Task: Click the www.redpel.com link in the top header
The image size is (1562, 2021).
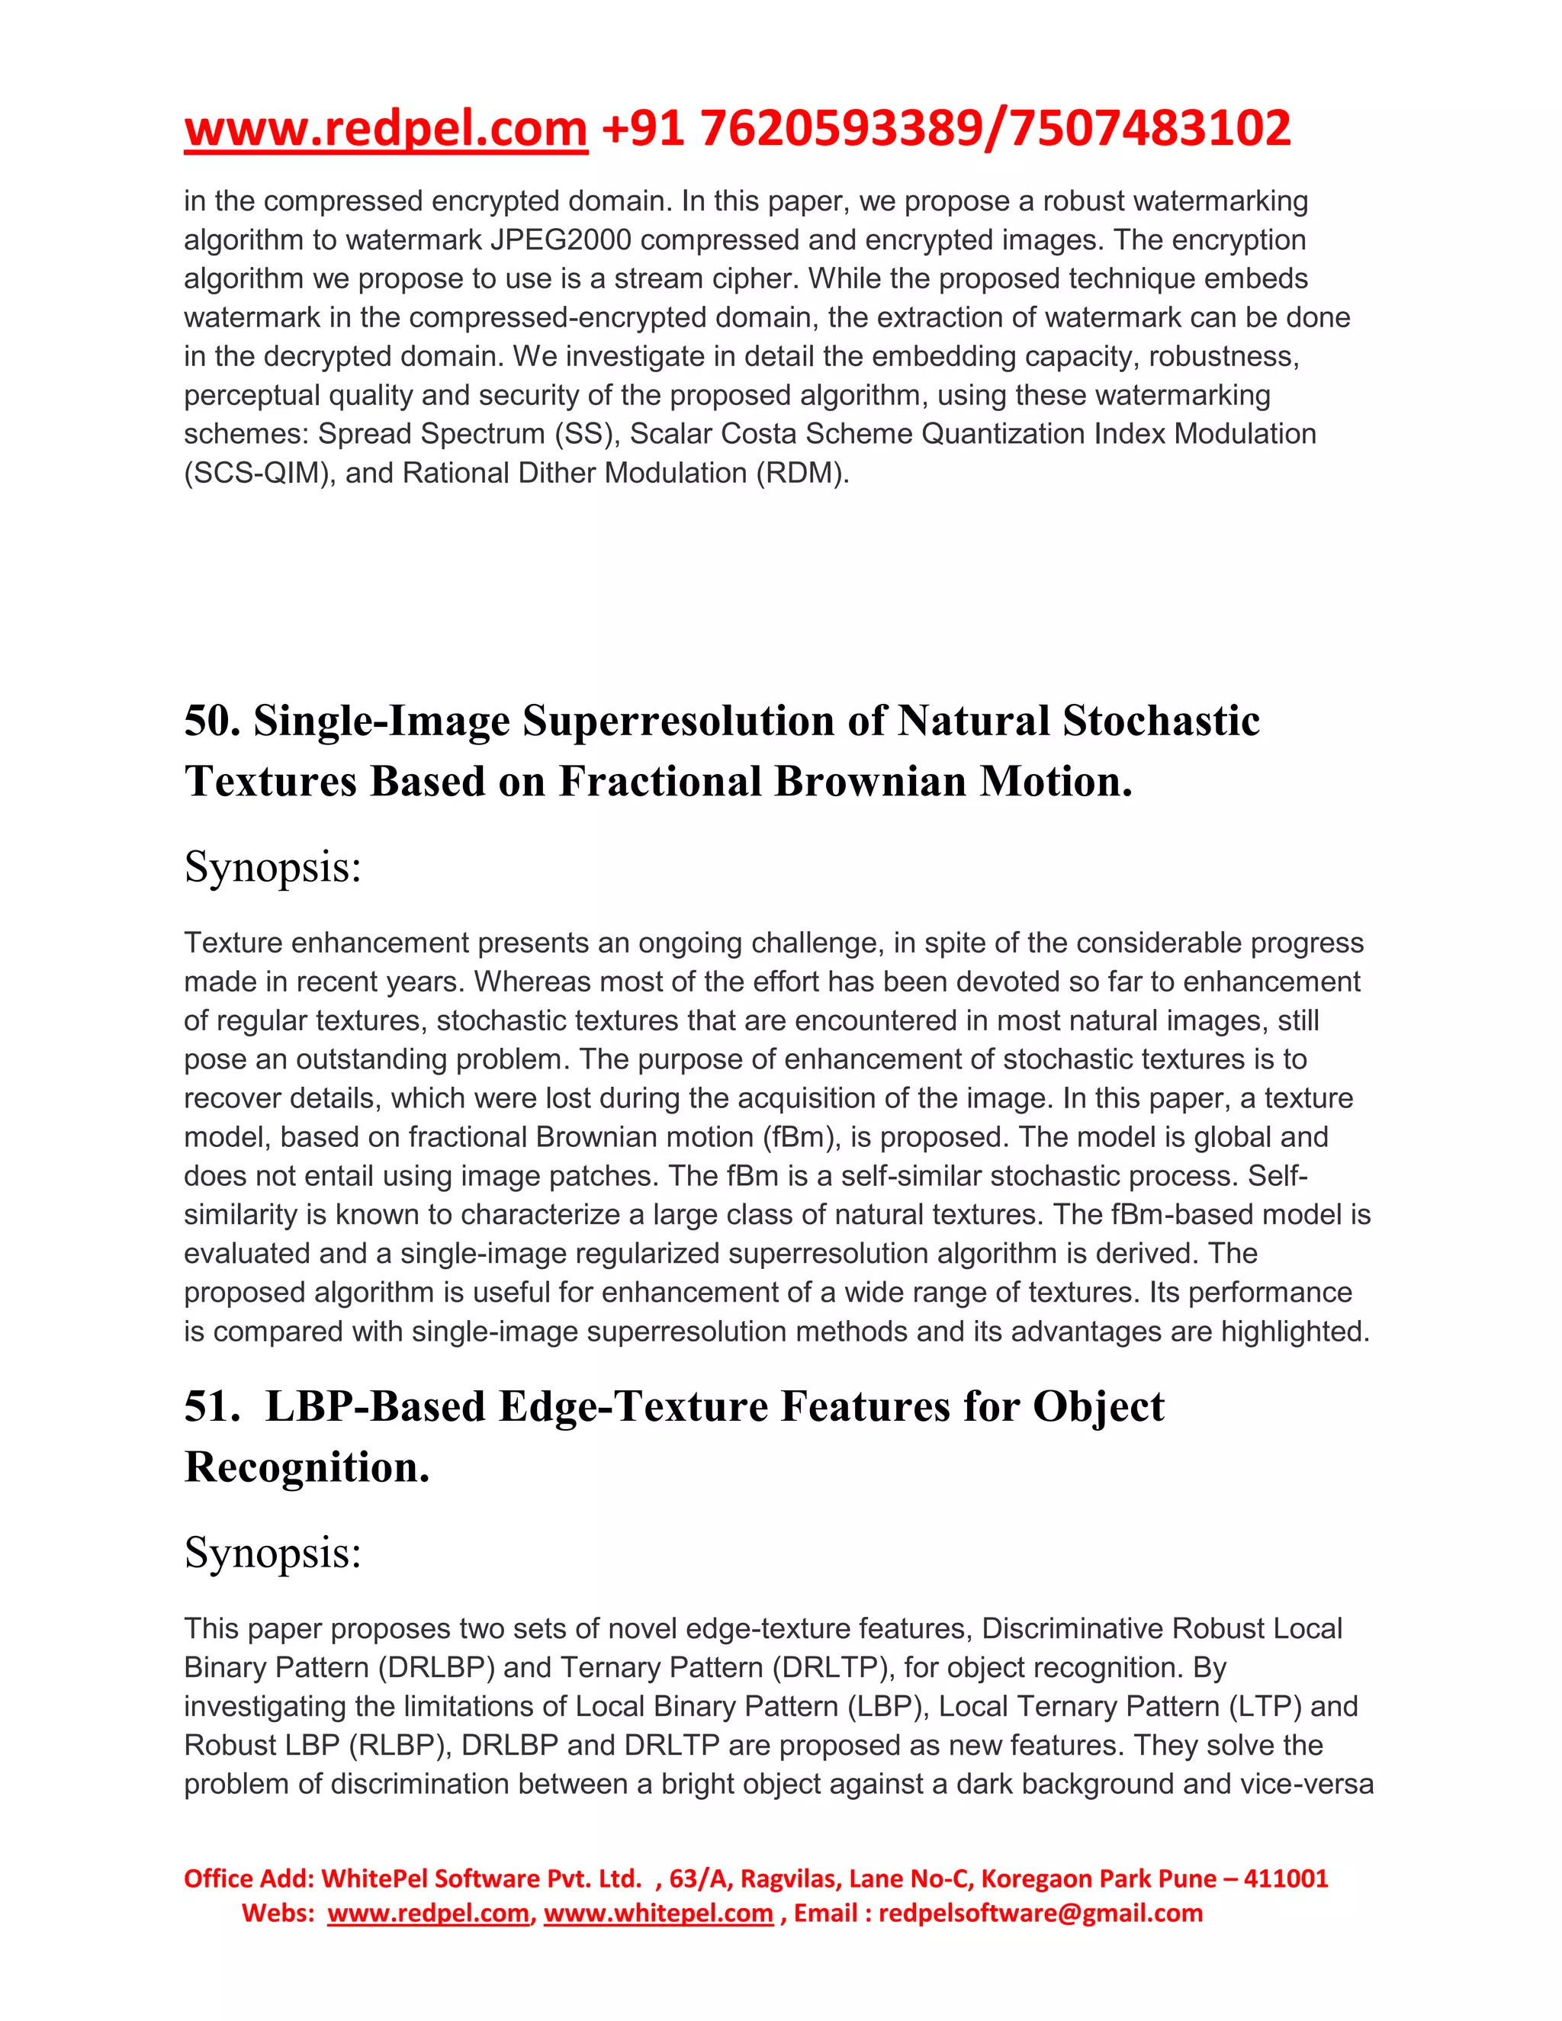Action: (x=386, y=129)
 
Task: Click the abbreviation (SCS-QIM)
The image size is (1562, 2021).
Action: (x=259, y=473)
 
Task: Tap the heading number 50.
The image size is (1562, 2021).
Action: (x=212, y=721)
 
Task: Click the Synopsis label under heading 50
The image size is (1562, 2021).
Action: (x=272, y=867)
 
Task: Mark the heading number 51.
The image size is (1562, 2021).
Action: (x=212, y=1406)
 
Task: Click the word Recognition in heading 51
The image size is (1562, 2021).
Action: (x=307, y=1467)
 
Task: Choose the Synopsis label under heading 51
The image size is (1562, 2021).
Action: (x=272, y=1553)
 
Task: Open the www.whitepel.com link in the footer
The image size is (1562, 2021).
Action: (x=658, y=1913)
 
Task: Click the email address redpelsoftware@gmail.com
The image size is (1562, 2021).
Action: (x=1040, y=1913)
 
